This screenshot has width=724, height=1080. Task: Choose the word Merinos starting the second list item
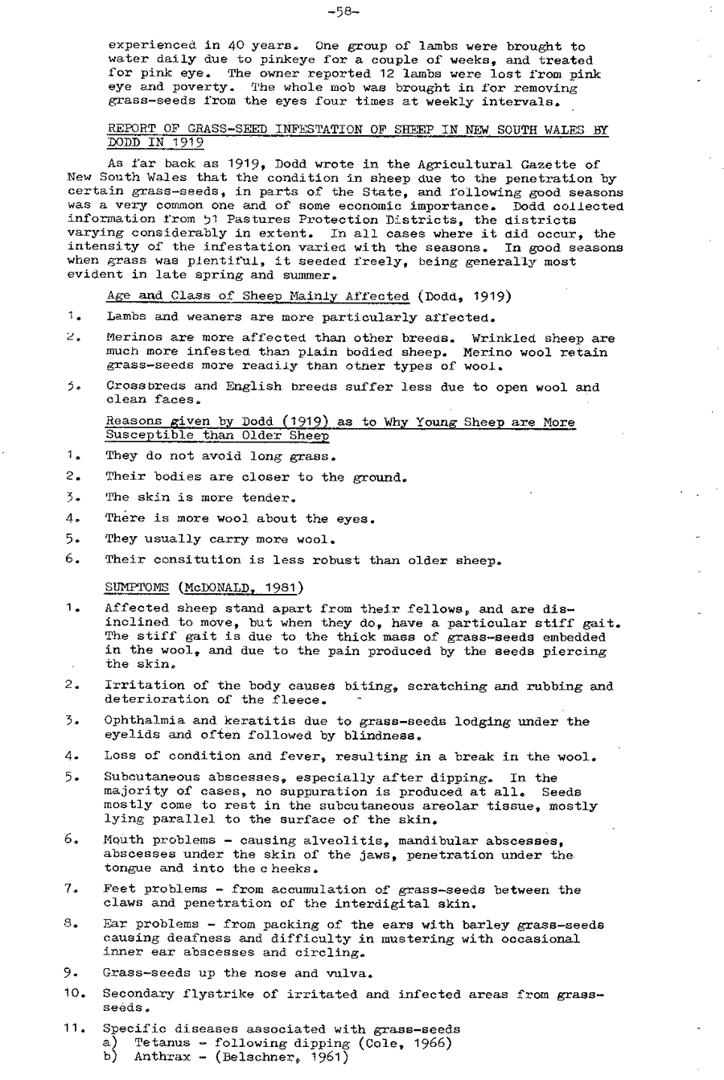[x=130, y=339]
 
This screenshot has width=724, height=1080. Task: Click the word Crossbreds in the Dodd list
[x=138, y=386]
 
